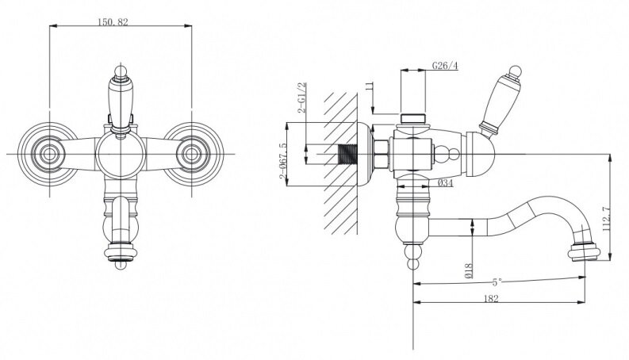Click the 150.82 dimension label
tap(113, 22)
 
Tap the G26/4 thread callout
tap(445, 66)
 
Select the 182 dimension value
tap(491, 299)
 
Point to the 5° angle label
tap(497, 282)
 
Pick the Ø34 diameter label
tap(445, 183)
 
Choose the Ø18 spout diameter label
tap(469, 270)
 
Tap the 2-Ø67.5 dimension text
tap(283, 161)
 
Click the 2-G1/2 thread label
tap(302, 98)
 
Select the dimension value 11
tap(370, 86)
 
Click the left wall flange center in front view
tap(49, 154)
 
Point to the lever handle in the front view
tap(121, 99)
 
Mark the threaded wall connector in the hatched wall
tap(348, 154)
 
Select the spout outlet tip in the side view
tap(584, 254)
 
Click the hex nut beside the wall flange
tap(381, 154)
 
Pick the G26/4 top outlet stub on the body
tap(413, 119)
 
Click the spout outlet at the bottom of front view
tap(121, 254)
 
